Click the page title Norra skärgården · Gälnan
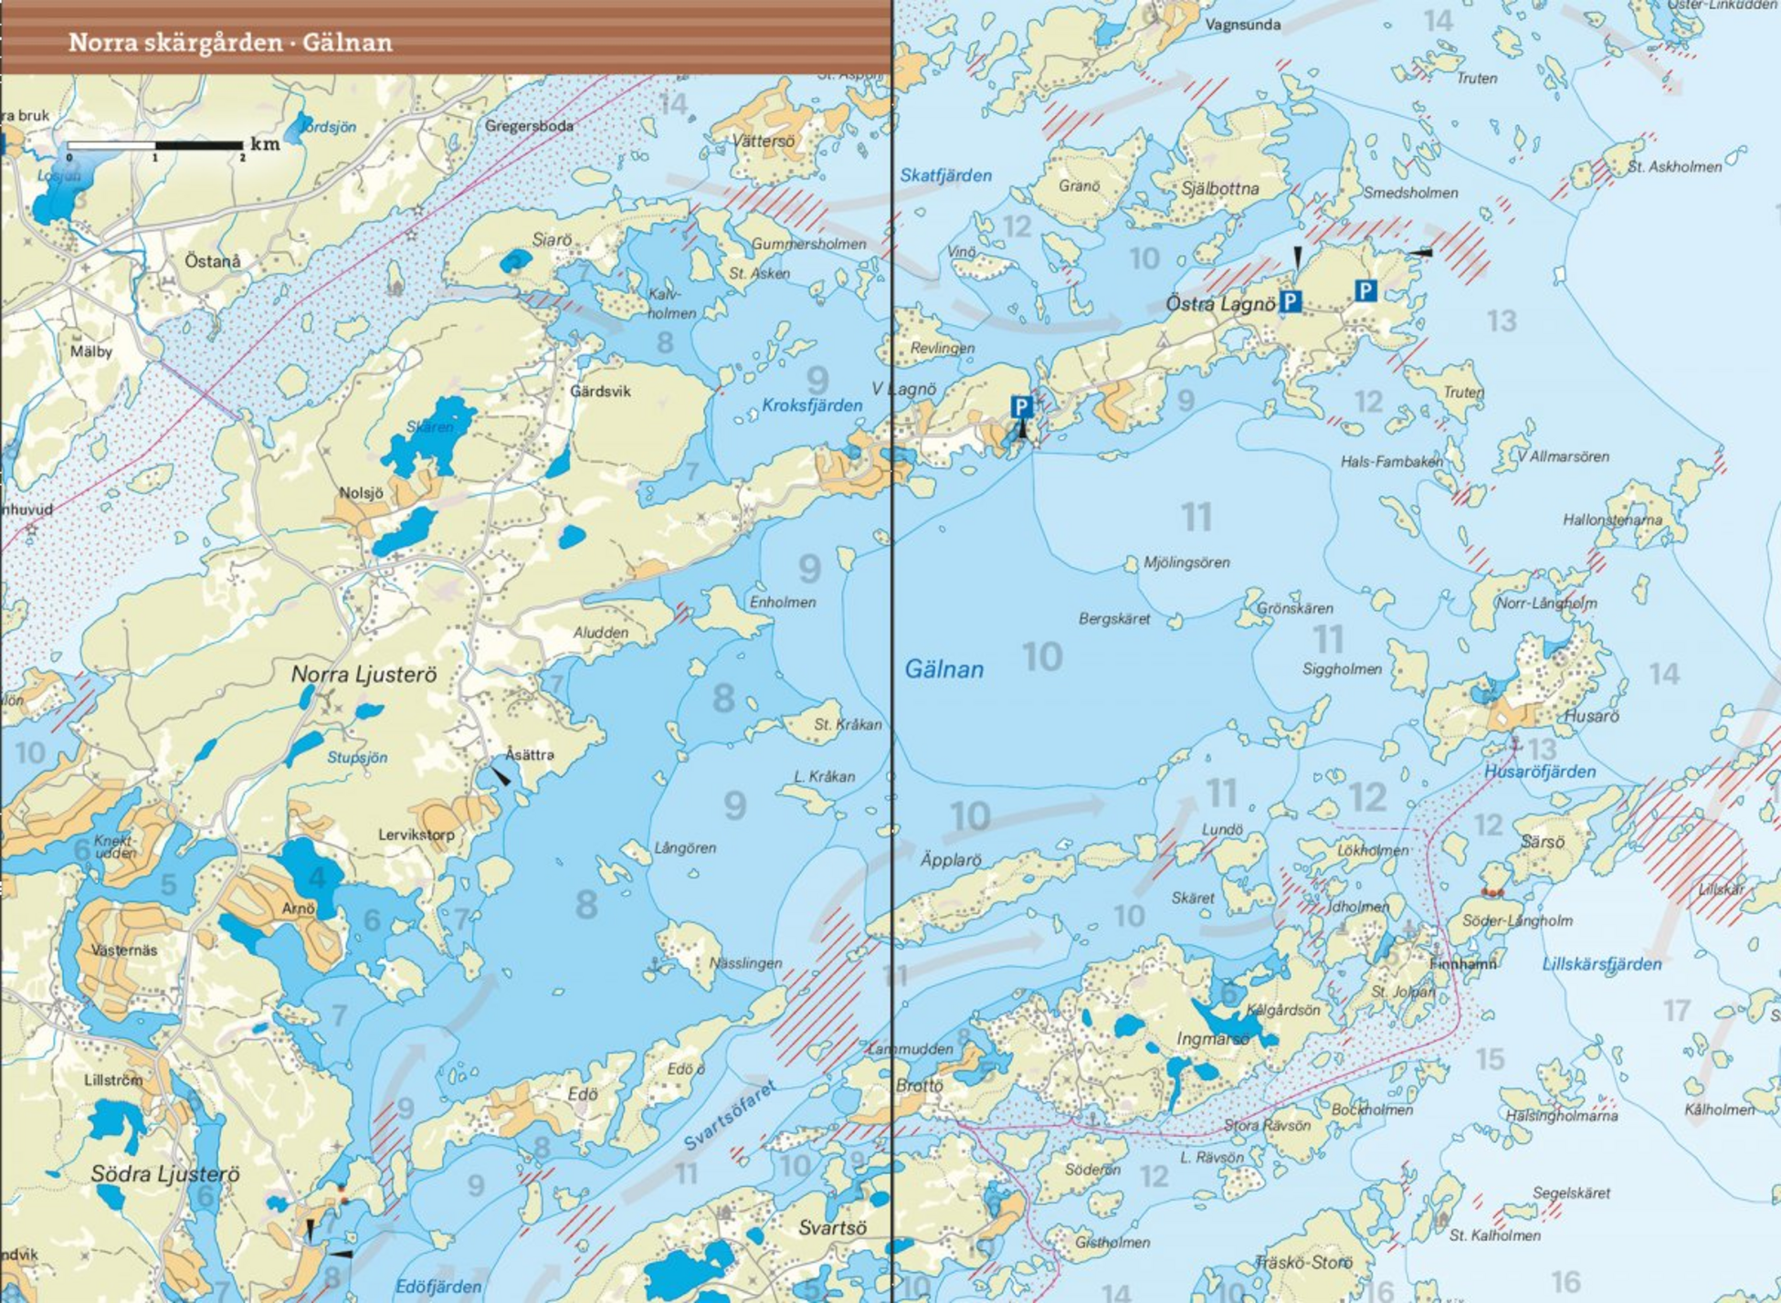[230, 43]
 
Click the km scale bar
[155, 145]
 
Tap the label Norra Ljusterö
[364, 675]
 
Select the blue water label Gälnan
[943, 669]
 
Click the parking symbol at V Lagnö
[1021, 406]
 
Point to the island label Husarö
[1591, 716]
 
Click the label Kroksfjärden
[812, 405]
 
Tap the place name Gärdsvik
[600, 391]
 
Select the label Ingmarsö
[1212, 1039]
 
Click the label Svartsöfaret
[730, 1115]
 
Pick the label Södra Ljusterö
[164, 1174]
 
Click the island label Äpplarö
[950, 860]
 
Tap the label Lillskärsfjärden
[1601, 964]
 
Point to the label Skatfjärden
[945, 175]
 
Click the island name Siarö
[552, 240]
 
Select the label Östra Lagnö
[1219, 304]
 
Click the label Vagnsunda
[1243, 25]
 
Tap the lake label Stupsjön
[357, 757]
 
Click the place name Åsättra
[530, 754]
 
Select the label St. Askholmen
[1674, 167]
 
